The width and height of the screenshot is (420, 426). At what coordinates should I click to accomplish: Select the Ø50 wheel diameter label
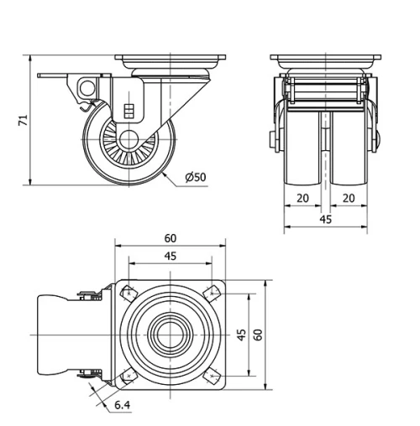[195, 177]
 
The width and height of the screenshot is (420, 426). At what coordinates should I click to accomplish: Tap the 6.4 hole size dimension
[121, 407]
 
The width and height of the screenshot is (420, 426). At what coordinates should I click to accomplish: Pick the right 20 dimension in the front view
[347, 198]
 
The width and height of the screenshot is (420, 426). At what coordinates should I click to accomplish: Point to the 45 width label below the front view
[325, 219]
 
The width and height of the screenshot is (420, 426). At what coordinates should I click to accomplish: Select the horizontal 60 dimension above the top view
[171, 237]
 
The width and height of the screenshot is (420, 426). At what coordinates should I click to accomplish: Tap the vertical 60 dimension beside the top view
[258, 334]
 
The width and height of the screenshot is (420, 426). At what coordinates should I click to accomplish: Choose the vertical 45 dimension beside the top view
[241, 334]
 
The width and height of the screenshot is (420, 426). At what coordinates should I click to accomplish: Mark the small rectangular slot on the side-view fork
[129, 110]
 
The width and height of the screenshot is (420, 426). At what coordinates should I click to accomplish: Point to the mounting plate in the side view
[171, 62]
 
